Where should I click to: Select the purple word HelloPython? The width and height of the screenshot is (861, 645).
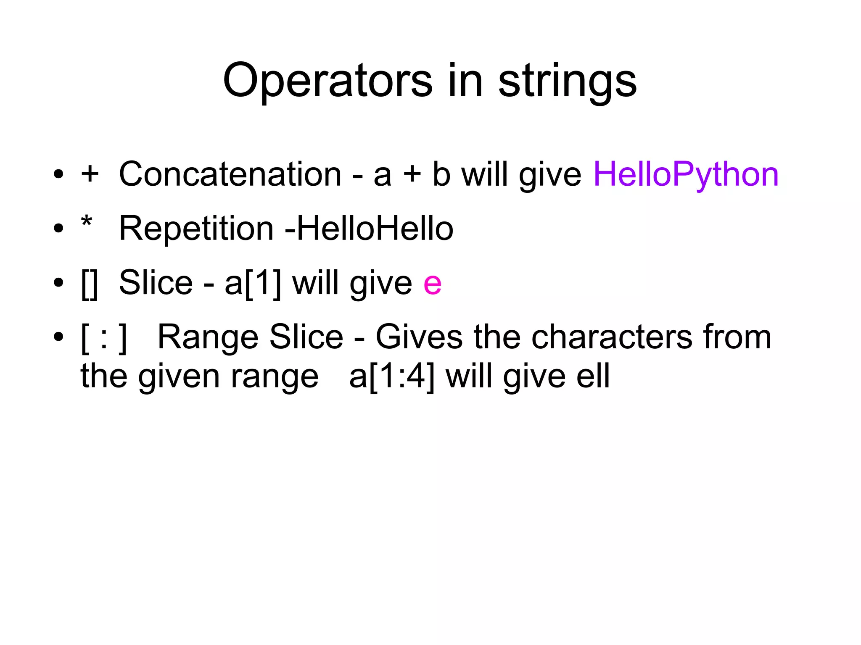[686, 174]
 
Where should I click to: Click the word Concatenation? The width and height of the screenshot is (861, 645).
[230, 174]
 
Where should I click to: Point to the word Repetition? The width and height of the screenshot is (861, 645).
[196, 229]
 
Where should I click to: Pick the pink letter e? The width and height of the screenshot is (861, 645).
[432, 283]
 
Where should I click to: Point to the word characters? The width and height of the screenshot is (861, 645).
[612, 337]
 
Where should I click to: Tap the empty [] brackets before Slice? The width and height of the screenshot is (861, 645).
[90, 284]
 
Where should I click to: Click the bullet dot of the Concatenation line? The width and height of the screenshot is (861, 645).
[58, 174]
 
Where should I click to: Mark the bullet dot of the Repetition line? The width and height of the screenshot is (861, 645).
[58, 229]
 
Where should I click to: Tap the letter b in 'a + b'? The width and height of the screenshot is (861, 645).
[441, 174]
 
